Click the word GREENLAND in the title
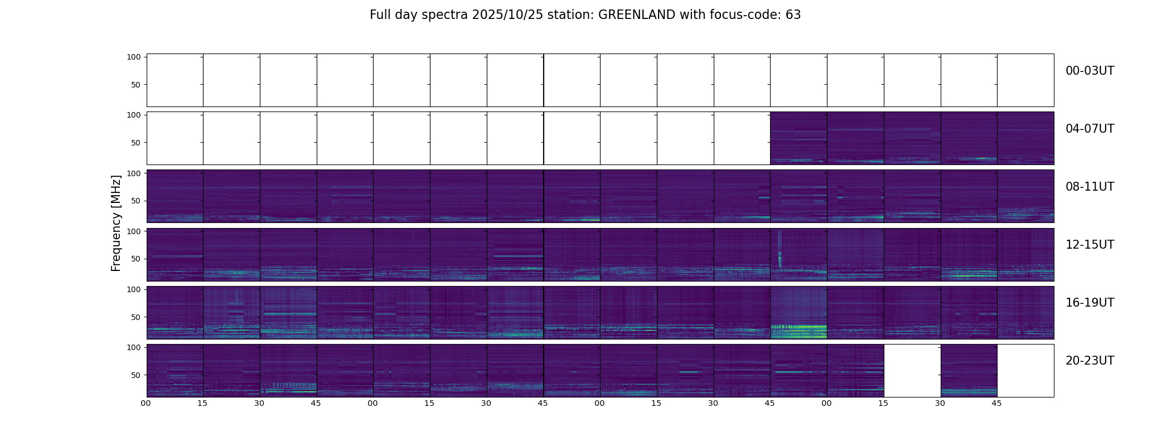[x=636, y=15]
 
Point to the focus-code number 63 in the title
[x=793, y=15]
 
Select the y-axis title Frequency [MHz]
[x=116, y=223]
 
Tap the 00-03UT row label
[x=1090, y=71]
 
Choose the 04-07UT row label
[x=1090, y=129]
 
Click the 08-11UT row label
[x=1090, y=187]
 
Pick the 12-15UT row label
[x=1090, y=245]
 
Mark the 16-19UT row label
[x=1090, y=303]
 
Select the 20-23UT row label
[x=1090, y=361]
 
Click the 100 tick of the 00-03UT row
[x=134, y=57]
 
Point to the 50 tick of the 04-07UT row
[x=136, y=143]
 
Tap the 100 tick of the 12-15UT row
[x=134, y=231]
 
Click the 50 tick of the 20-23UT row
[x=136, y=375]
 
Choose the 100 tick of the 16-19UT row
[x=134, y=289]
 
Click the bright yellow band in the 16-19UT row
[x=799, y=333]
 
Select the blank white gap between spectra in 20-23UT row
[x=912, y=371]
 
